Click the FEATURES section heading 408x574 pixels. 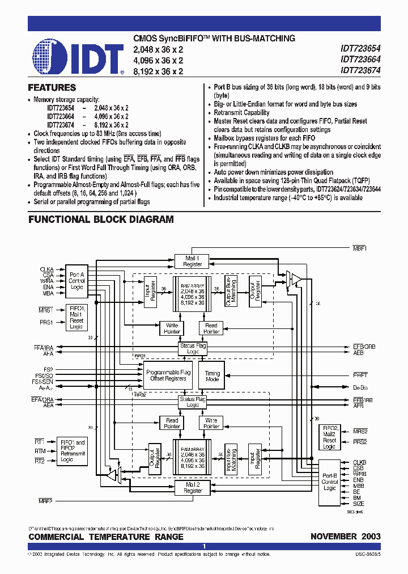[x=52, y=88]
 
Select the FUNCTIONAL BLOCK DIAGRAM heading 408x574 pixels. [x=101, y=220]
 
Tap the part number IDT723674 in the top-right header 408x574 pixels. [x=360, y=71]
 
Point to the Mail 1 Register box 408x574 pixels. [x=193, y=261]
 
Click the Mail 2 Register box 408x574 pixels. [x=193, y=488]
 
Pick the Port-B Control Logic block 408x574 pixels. [x=329, y=482]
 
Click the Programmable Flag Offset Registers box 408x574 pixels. [x=167, y=374]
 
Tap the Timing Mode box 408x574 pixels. [x=212, y=377]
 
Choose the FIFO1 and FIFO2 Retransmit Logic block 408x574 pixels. [x=73, y=451]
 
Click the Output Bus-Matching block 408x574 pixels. [x=231, y=292]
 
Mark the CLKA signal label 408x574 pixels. [x=46, y=269]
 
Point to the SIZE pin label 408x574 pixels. [x=359, y=504]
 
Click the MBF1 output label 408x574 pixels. [x=360, y=248]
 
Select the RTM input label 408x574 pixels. [x=39, y=451]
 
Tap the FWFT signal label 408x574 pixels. [x=360, y=375]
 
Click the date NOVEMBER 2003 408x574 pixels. [x=345, y=537]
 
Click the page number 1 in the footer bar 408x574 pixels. [x=204, y=546]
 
